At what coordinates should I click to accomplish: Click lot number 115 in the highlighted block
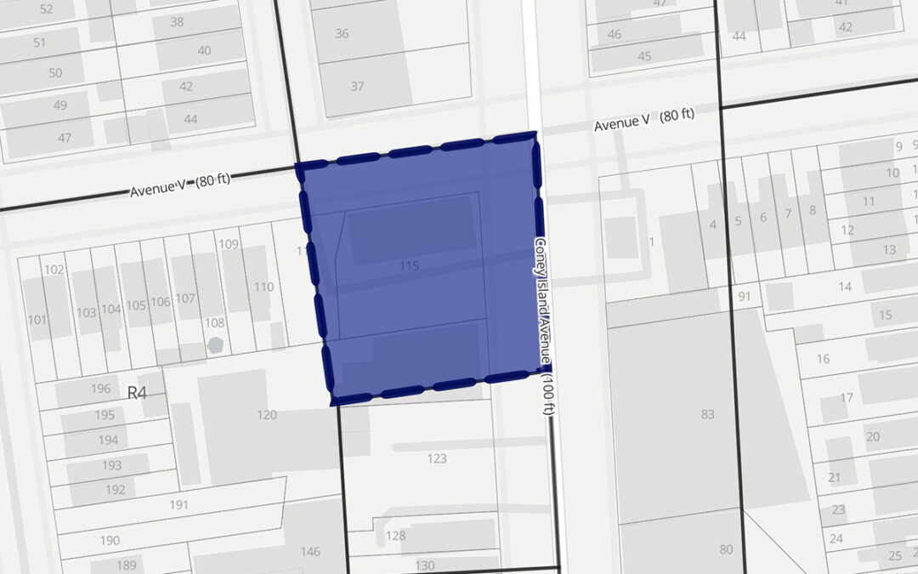point(409,266)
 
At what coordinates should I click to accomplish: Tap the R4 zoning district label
point(137,392)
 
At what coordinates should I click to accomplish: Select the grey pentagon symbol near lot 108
point(215,345)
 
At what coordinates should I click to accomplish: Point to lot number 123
point(436,458)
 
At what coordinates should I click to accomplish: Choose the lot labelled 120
point(267,414)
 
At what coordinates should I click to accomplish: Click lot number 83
point(706,414)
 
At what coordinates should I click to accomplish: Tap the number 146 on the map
point(310,551)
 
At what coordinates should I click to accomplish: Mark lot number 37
point(357,86)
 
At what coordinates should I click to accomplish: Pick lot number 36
point(342,34)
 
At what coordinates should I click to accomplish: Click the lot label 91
point(745,297)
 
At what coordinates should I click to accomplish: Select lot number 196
point(100,389)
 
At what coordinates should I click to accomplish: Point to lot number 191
point(178,504)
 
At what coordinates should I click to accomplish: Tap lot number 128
point(395,536)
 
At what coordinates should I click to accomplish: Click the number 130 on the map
point(424,565)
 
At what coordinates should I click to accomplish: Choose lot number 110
point(263,287)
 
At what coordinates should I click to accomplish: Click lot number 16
point(823,359)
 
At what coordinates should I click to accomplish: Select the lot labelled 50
point(55,73)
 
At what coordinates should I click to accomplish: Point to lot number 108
point(214,323)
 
